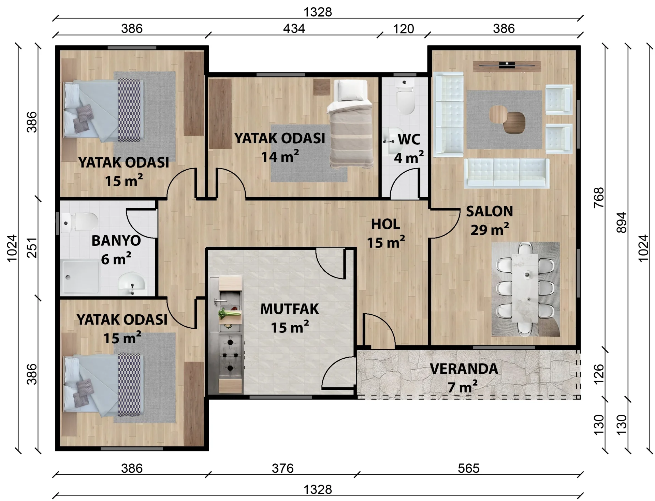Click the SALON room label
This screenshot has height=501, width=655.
tap(490, 212)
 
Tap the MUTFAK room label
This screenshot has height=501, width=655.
tap(290, 309)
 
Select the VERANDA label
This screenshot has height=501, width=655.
tap(464, 369)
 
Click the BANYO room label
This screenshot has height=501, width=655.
tap(116, 241)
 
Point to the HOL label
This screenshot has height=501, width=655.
tap(385, 225)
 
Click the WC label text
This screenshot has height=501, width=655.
tap(409, 140)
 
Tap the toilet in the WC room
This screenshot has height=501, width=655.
tap(405, 97)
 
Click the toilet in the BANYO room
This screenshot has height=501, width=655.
tap(81, 222)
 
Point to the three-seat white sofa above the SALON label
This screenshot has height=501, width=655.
tap(507, 173)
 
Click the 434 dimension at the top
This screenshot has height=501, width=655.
tap(294, 29)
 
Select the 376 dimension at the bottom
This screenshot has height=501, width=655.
tap(283, 468)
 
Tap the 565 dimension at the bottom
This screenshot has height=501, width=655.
tap(469, 468)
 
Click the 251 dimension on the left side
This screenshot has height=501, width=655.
tap(32, 248)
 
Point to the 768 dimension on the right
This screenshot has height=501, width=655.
tap(599, 198)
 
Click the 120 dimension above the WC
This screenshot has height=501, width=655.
tap(404, 29)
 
